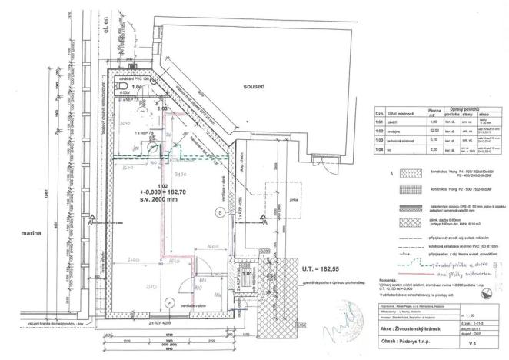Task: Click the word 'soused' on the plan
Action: pyautogui.click(x=251, y=88)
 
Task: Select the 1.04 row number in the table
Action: pyautogui.click(x=378, y=150)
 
